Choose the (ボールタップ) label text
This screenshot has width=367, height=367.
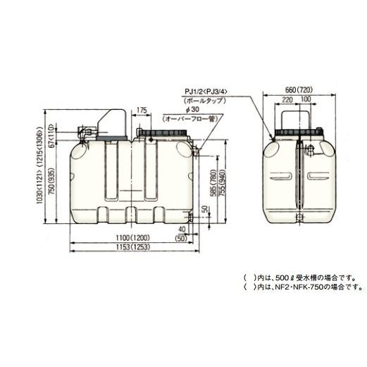coord(204,102)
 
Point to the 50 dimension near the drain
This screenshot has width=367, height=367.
coord(204,210)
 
